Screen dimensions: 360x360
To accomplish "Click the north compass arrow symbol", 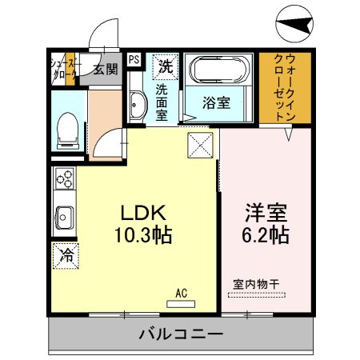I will (x=295, y=26).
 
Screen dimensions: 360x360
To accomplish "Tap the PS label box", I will (x=133, y=58).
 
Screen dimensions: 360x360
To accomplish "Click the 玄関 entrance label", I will (x=104, y=69).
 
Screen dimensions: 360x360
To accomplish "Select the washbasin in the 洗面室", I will (x=137, y=105).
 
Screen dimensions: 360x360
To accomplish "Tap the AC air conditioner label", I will (x=182, y=294).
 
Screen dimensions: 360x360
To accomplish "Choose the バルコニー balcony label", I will (x=181, y=334).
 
